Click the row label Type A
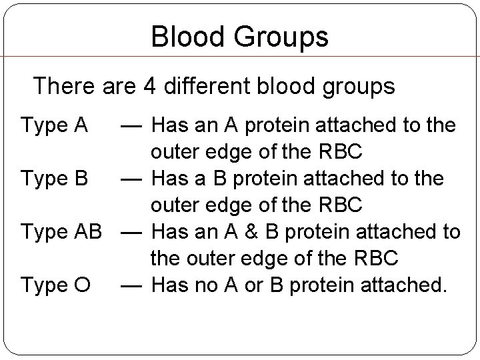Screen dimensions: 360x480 click(x=55, y=125)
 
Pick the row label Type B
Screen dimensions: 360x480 click(x=55, y=179)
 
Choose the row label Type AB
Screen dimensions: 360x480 click(x=61, y=232)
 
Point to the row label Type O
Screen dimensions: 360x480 click(x=55, y=285)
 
